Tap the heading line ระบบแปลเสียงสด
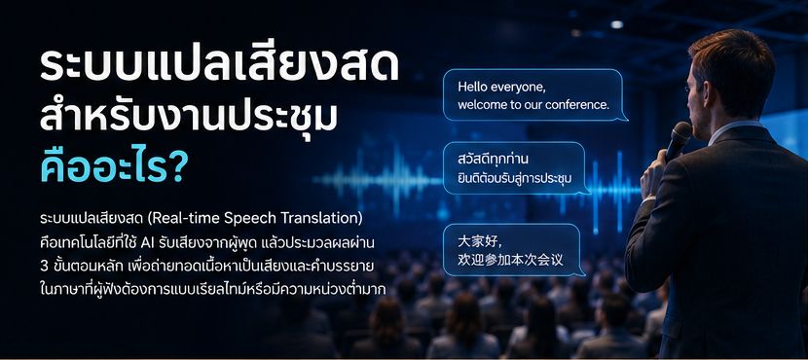[219, 66]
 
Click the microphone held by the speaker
[677, 141]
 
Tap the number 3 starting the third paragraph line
[43, 267]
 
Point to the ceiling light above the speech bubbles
[616, 24]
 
